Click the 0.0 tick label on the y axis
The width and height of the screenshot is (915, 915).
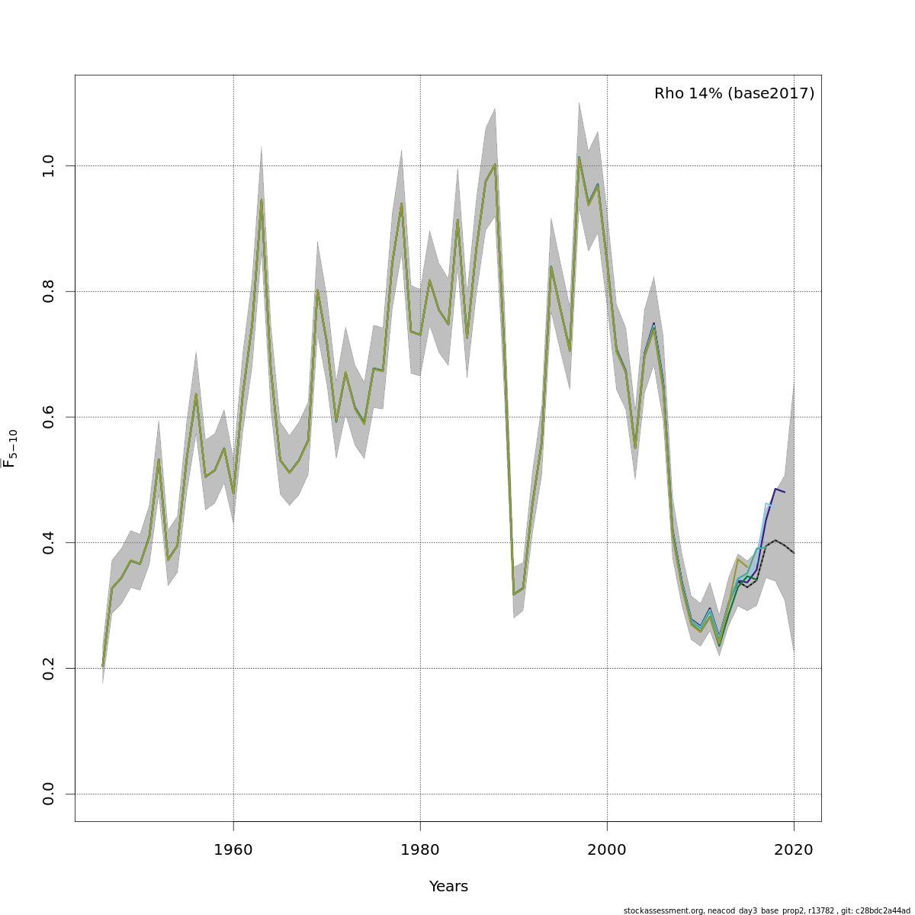[x=49, y=794]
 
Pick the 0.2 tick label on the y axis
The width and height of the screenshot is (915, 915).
[x=49, y=668]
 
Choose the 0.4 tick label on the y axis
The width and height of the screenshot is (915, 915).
[x=49, y=542]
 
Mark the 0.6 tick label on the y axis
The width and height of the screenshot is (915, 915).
[x=49, y=416]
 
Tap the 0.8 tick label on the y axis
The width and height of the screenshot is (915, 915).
[x=49, y=291]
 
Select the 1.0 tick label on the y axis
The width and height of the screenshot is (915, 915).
[x=49, y=165]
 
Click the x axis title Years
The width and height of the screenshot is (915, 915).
[x=448, y=887]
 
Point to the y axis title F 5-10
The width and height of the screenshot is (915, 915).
[x=10, y=448]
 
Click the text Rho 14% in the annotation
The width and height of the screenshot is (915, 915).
[x=688, y=94]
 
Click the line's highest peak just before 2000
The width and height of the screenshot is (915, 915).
[x=579, y=158]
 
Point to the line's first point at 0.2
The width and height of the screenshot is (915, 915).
[x=103, y=666]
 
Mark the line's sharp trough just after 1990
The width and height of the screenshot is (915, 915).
[x=514, y=594]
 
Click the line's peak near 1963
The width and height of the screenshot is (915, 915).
[x=262, y=199]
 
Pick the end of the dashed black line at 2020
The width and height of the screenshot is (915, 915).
[x=794, y=553]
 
